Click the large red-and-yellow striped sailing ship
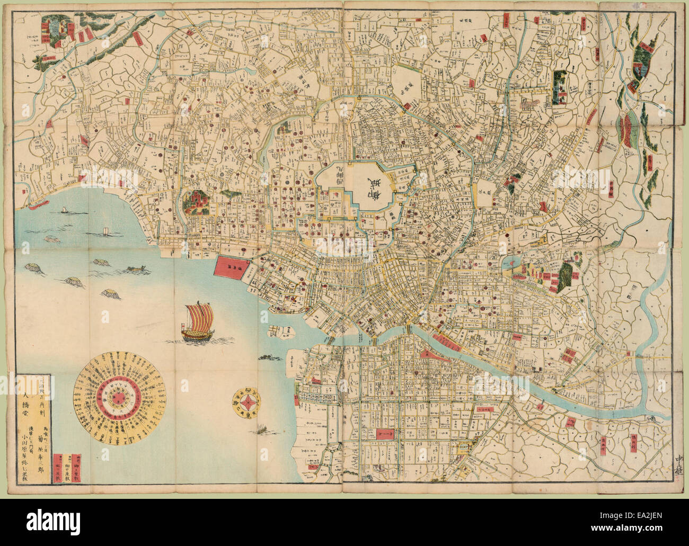(197, 321)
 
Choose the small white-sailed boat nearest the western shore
(63, 210)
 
